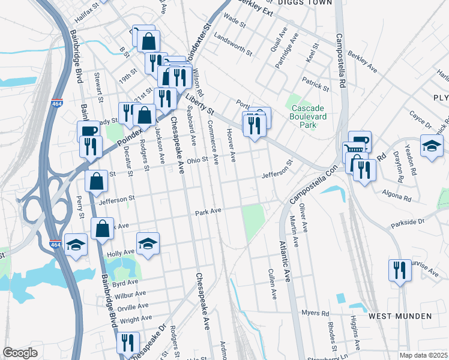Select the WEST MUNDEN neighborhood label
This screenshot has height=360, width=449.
400,316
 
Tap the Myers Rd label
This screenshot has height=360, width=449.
316,313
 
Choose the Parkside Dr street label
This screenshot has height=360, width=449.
408,222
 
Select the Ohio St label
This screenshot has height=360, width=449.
196,160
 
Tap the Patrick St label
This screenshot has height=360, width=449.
316,84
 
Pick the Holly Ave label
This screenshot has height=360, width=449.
119,254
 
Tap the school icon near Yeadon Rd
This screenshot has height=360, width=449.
432,146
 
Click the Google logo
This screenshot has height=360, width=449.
20,353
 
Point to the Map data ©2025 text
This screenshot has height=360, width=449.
423,355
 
